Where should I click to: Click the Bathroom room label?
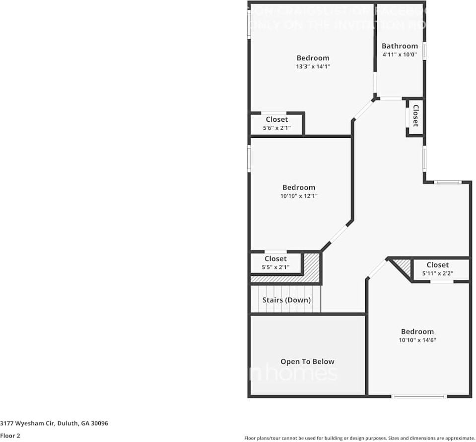pos(400,46)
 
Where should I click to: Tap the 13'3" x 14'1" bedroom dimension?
pos(313,67)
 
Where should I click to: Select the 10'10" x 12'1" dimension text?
pos(299,196)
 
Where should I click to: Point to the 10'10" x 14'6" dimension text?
pos(417,340)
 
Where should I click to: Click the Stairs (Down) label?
pos(286,300)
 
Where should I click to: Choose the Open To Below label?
pos(307,361)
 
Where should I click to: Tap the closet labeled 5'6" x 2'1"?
pos(276,123)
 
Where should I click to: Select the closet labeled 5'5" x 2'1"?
pos(275,263)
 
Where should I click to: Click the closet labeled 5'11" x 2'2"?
pos(437,269)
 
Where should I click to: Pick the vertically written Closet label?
pos(415,116)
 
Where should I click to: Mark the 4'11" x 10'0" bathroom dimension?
pos(400,55)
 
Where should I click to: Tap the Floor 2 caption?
pos(10,436)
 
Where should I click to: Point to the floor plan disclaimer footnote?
pos(359,438)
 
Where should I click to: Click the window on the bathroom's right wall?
pos(424,51)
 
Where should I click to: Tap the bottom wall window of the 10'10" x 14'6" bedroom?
pos(419,396)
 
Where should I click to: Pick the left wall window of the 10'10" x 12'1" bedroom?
pos(249,159)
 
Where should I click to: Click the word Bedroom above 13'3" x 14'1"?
pos(313,58)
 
